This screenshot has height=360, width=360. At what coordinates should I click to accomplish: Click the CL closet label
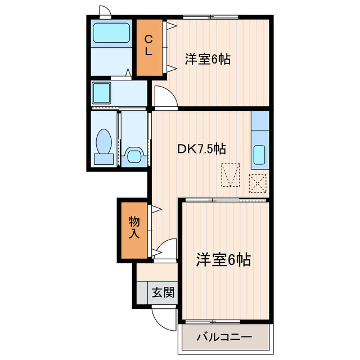148,45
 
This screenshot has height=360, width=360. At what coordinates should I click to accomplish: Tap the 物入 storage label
134,226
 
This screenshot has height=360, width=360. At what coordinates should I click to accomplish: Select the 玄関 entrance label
163,292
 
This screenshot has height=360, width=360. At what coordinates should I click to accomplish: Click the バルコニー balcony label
224,338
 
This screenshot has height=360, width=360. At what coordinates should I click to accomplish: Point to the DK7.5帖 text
202,149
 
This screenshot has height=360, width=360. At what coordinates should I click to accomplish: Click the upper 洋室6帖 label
208,58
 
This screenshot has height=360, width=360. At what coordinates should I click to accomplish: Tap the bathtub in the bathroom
111,35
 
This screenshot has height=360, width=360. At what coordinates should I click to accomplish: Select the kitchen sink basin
259,154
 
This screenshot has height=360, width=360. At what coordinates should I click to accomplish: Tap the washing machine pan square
102,92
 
